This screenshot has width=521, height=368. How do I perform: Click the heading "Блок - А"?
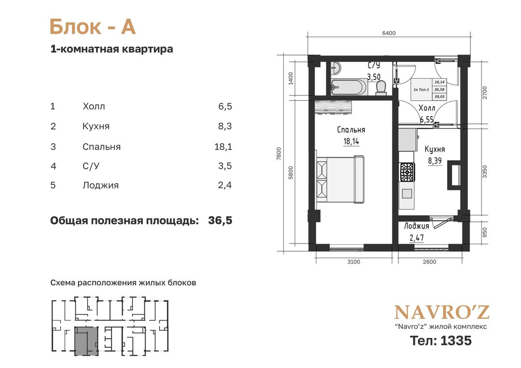pos(93,27)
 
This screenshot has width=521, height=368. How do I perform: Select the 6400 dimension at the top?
pos(389,33)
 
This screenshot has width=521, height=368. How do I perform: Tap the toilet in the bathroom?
pos(381,88)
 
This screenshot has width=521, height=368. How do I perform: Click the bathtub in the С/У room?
pos(349,87)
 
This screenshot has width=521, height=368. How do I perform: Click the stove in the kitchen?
pos(407,172)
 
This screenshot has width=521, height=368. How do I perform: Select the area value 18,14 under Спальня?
pos(351,141)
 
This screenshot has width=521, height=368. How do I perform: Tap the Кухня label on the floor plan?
pos(435,149)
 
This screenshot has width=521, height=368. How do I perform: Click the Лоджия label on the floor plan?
pos(416,226)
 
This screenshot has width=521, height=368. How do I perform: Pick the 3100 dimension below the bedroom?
pos(354,262)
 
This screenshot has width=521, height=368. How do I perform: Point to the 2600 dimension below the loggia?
pos(429,262)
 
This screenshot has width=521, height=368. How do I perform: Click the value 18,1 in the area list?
pos(223,147)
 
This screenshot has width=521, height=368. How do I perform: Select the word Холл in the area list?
pos(94,106)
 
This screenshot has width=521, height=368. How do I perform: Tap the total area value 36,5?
pos(220,220)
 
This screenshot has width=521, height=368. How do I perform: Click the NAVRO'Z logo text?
pos(441,312)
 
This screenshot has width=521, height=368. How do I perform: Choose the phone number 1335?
pos(456,341)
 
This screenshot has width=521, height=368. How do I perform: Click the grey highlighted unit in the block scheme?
pos(86,341)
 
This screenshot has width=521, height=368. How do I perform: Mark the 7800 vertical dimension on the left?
pos(279,153)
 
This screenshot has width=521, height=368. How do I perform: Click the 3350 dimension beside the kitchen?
pos(484,171)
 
